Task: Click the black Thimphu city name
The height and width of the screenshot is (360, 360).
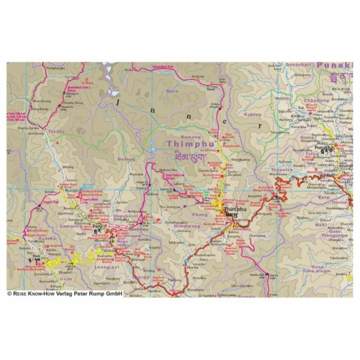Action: click(x=234, y=210)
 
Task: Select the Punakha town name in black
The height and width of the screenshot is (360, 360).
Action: click(x=323, y=147)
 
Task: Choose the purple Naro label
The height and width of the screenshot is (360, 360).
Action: click(x=172, y=91)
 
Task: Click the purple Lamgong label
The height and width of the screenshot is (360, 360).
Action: click(x=69, y=226)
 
